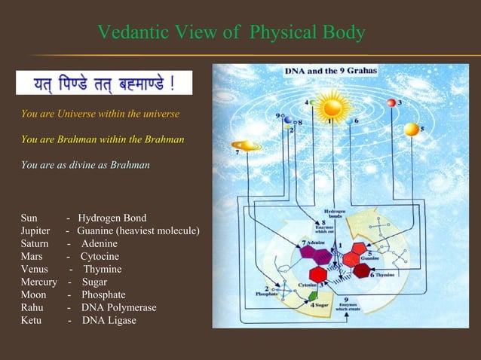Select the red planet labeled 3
(391, 102)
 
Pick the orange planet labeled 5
(411, 130)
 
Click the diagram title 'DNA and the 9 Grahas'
(331, 71)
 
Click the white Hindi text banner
(104, 82)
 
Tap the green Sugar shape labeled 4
(313, 296)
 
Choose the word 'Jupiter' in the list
(35, 230)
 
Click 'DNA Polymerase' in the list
(119, 307)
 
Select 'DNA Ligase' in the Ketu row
(109, 320)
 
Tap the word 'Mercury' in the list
(39, 282)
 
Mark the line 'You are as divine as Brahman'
(85, 164)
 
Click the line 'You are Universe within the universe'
(100, 114)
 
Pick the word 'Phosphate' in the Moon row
(103, 294)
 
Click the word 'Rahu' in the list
(32, 307)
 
